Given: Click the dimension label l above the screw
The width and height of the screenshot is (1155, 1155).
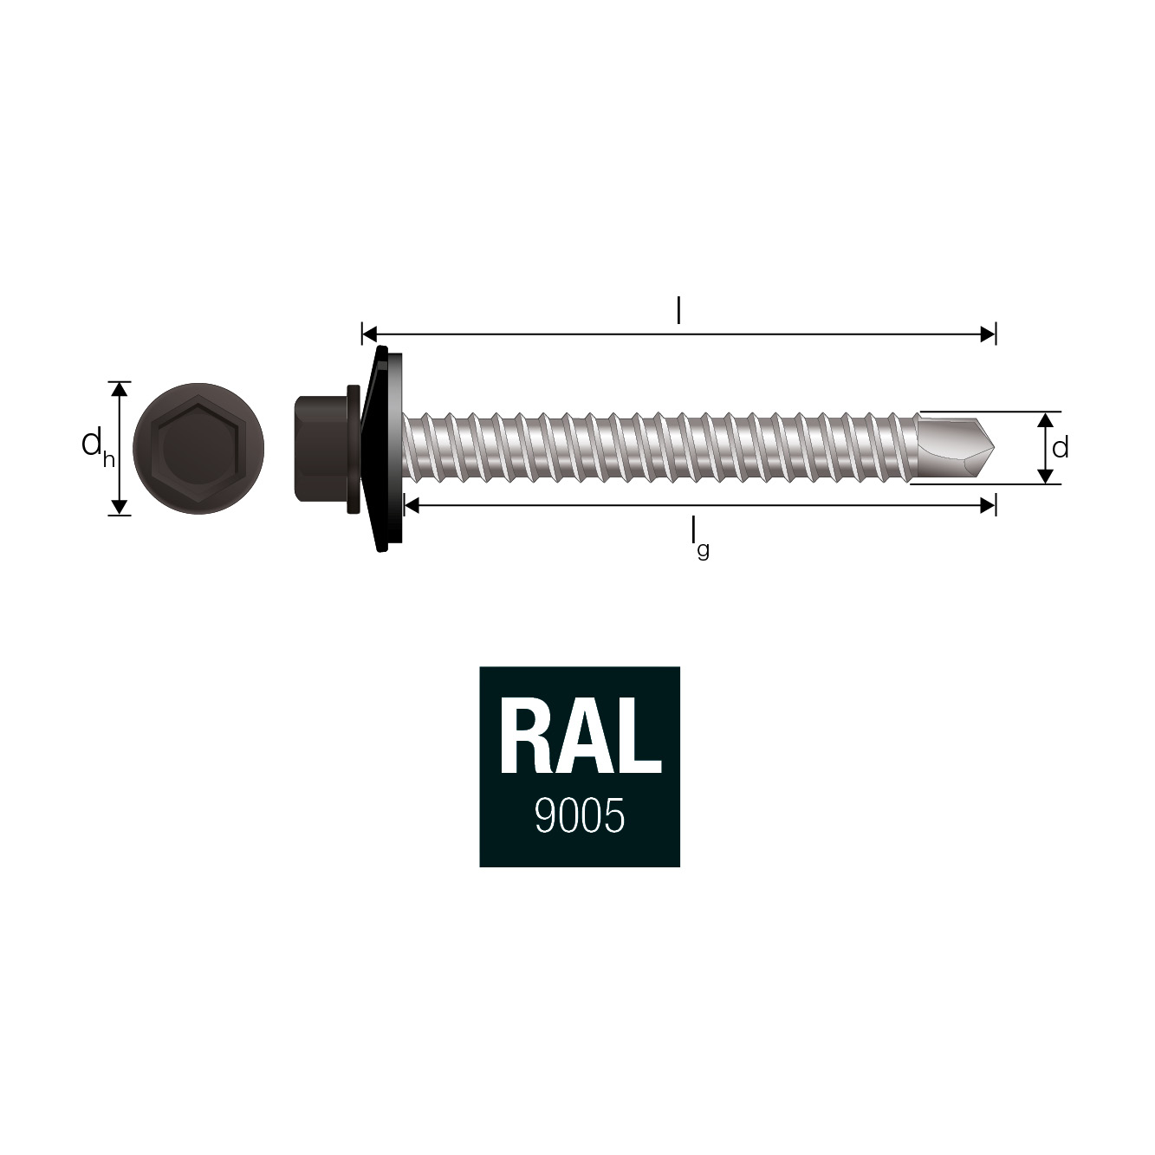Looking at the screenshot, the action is tap(678, 311).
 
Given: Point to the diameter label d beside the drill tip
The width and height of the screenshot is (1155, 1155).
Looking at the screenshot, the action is tap(1061, 448).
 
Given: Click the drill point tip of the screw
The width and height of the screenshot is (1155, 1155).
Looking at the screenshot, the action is tap(995, 448).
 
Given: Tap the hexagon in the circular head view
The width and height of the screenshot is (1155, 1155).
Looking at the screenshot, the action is tap(198, 448).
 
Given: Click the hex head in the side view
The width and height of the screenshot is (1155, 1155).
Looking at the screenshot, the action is tap(321, 448).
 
